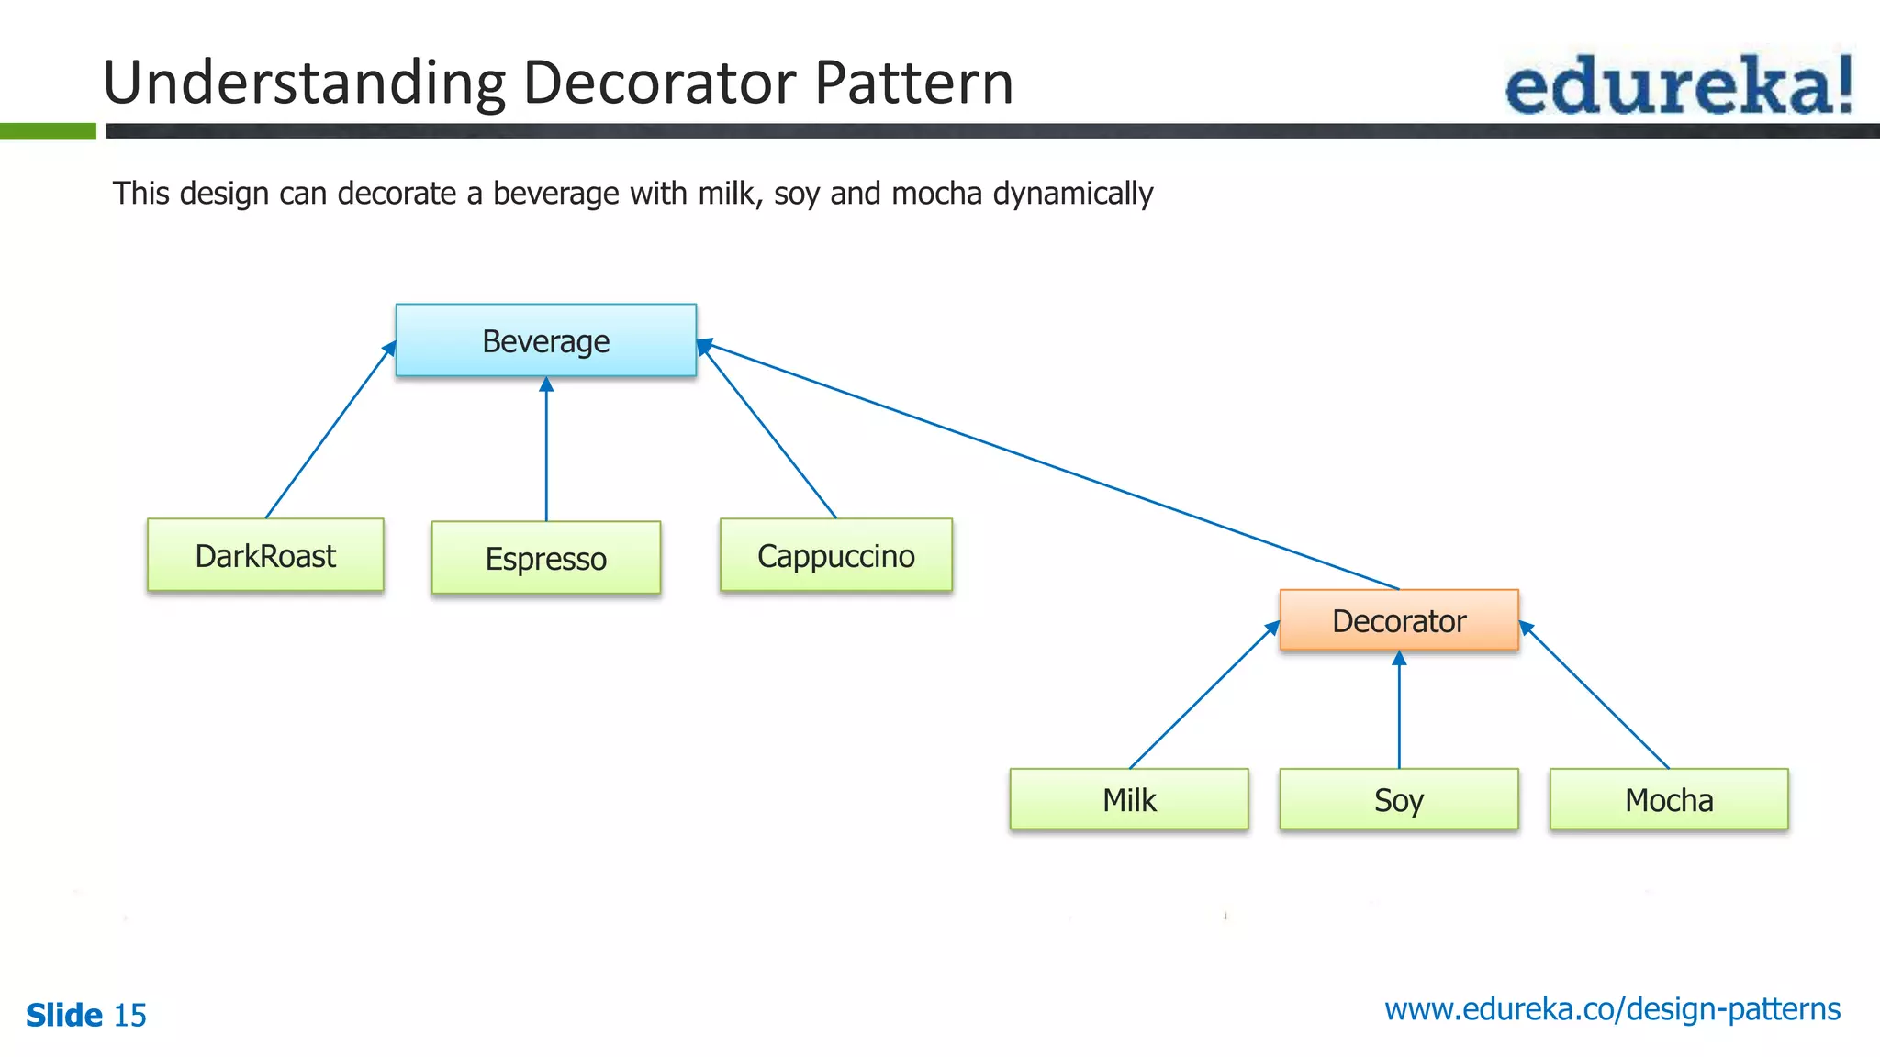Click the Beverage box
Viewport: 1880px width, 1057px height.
(x=545, y=340)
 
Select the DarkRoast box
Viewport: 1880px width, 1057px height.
(x=265, y=555)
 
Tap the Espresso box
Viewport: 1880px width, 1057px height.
(x=545, y=558)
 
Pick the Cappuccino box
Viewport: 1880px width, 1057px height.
(x=835, y=555)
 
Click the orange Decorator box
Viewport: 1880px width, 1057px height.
(x=1398, y=620)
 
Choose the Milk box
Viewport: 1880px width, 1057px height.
(x=1128, y=799)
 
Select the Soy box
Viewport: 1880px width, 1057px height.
(x=1398, y=799)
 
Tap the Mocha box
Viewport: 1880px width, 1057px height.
(x=1668, y=799)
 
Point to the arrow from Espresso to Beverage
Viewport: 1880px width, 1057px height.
(x=546, y=450)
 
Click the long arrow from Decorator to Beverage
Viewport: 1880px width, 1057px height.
(x=1046, y=466)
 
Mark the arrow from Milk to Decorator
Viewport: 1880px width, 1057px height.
(x=1203, y=695)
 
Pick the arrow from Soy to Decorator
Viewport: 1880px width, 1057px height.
(x=1399, y=711)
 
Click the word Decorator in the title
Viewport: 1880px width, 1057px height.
(x=659, y=83)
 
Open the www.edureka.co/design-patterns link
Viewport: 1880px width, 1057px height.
(x=1612, y=1009)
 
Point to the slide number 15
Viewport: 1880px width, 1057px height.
(x=129, y=1016)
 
